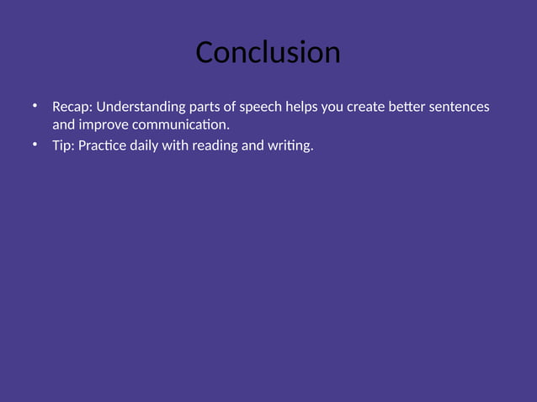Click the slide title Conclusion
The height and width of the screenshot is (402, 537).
coord(268,53)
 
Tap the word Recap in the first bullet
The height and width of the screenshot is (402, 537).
coord(72,108)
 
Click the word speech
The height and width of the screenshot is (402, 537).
coord(260,108)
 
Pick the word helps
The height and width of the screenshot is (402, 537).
coord(301,108)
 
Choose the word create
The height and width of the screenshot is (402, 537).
coord(371,108)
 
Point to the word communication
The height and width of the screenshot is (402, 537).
coord(180,125)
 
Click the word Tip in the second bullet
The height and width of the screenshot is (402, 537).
coord(63,147)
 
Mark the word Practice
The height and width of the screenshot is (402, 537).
coord(103,147)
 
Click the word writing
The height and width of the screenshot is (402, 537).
coord(290,147)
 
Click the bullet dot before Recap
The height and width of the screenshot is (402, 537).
coord(35,106)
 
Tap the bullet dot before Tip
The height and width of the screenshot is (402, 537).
coord(35,145)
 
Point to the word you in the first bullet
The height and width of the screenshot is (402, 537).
coord(334,108)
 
